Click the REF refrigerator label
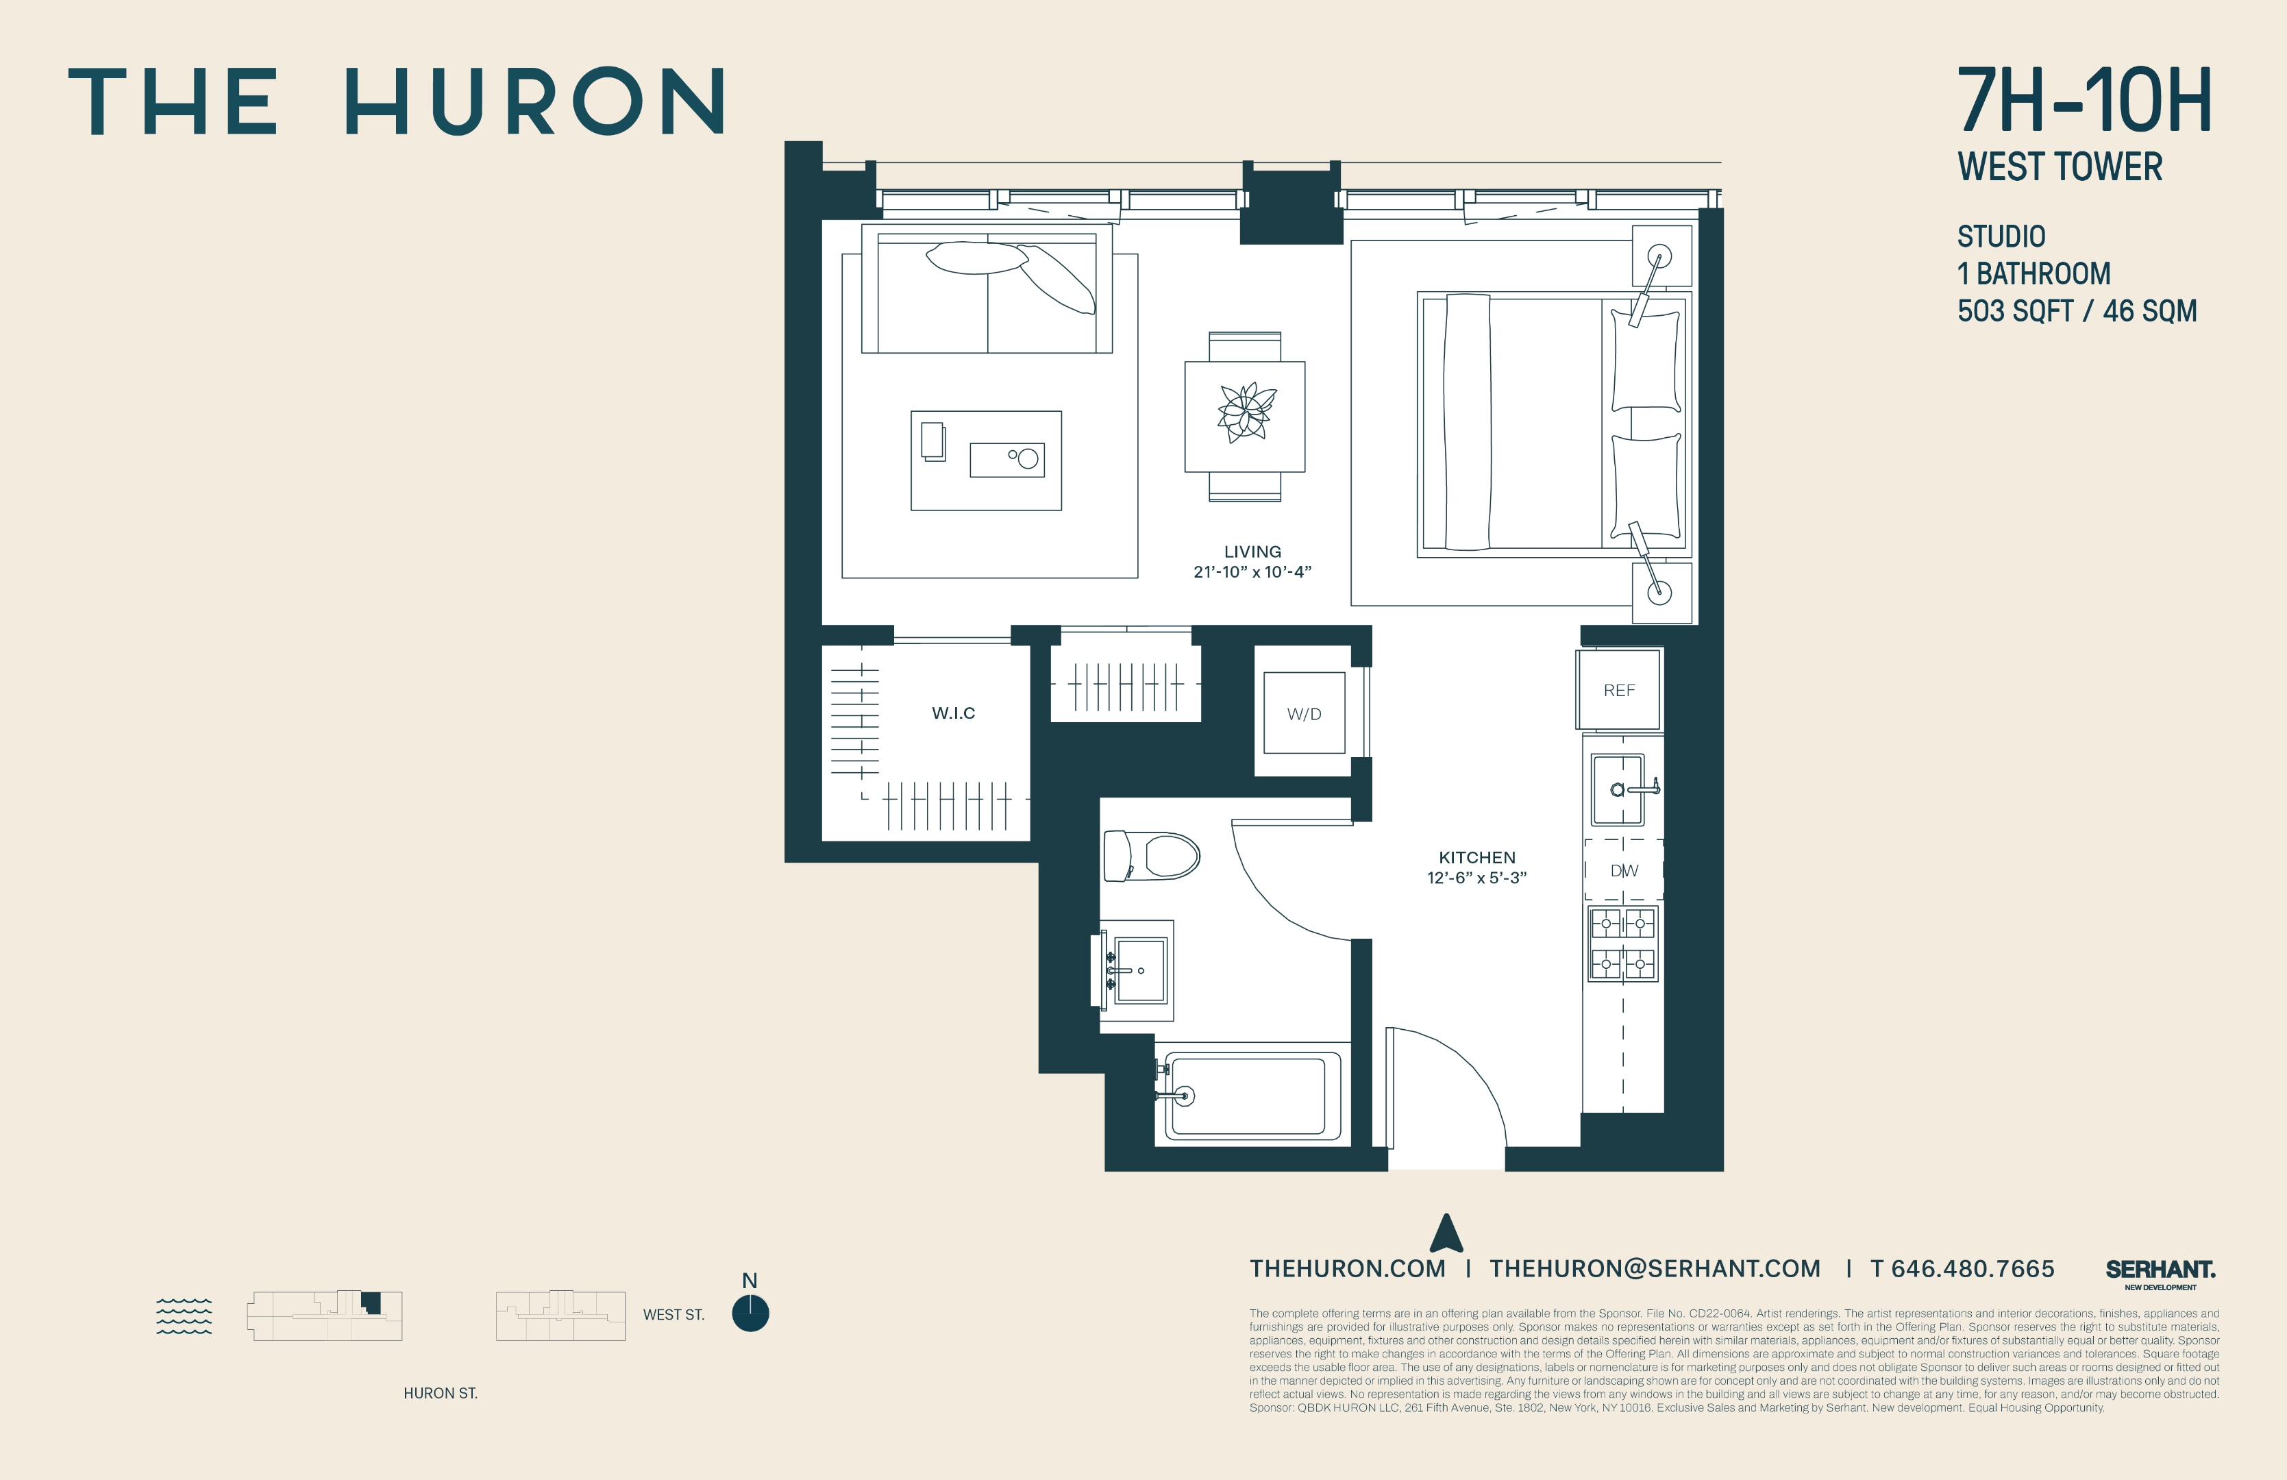pos(1619,690)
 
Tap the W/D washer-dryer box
pos(1304,713)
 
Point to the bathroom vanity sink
pos(1141,971)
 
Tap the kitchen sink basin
pos(1618,790)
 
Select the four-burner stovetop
pos(1623,944)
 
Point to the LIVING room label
pos(1252,552)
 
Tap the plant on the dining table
pos(1246,413)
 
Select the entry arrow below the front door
pos(1446,1233)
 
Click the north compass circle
pos(750,1313)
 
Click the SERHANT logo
pos(2160,1270)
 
